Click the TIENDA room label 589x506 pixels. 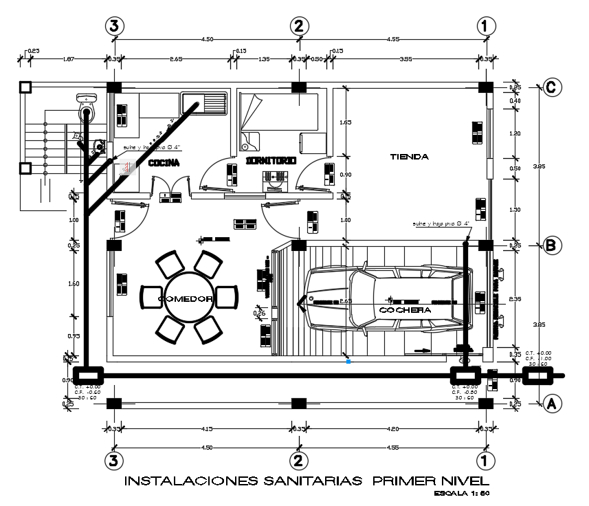pyautogui.click(x=410, y=157)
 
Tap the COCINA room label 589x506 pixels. pyautogui.click(x=164, y=163)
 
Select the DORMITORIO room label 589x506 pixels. pyautogui.click(x=270, y=160)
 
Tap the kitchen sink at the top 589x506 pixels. pyautogui.click(x=205, y=103)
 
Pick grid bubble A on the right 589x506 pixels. pyautogui.click(x=551, y=404)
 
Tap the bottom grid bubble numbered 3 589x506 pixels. pyautogui.click(x=114, y=459)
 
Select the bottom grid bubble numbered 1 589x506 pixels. pyautogui.click(x=485, y=459)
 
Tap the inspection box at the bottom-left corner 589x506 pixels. pyautogui.click(x=88, y=375)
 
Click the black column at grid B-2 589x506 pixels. pyautogui.click(x=299, y=245)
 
